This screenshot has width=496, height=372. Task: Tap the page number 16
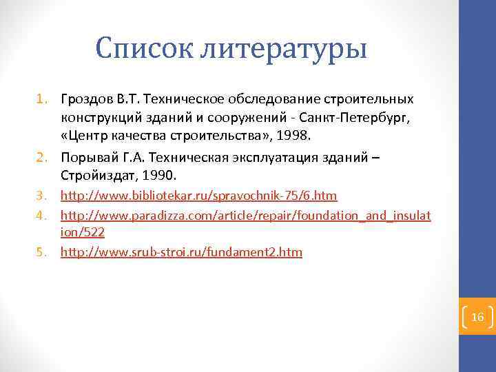click(x=478, y=317)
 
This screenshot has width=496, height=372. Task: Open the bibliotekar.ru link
click(x=199, y=196)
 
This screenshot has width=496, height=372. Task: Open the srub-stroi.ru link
click(x=181, y=252)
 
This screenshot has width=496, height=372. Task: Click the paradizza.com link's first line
click(x=246, y=216)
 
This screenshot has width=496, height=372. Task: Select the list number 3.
click(x=43, y=197)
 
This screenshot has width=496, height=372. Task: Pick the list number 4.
click(x=43, y=216)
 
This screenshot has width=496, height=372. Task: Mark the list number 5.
click(x=43, y=253)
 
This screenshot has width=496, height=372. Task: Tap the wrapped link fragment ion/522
click(x=83, y=233)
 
